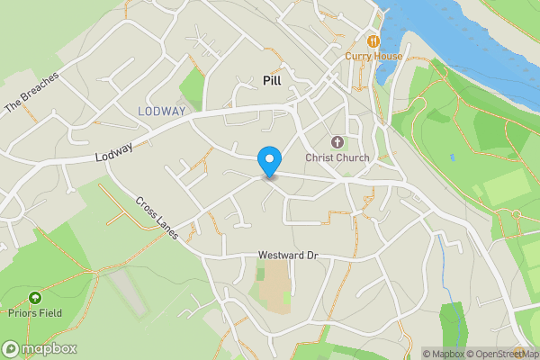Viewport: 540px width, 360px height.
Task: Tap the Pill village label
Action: (272, 80)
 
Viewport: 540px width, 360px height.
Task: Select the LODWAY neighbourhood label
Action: (162, 111)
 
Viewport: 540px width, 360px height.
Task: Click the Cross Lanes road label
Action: (157, 218)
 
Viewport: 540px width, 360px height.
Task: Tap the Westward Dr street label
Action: (288, 256)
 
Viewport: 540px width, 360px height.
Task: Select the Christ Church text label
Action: (337, 158)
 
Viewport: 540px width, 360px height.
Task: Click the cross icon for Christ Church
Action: (337, 142)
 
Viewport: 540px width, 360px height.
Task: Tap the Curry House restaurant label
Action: (373, 56)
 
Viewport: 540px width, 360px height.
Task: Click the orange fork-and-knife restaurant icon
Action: (373, 40)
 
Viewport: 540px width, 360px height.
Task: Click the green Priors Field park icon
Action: (35, 297)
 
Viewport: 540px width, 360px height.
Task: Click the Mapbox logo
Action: (40, 348)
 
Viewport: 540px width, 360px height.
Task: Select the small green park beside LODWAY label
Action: (193, 86)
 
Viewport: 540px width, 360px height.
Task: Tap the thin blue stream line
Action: (443, 256)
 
